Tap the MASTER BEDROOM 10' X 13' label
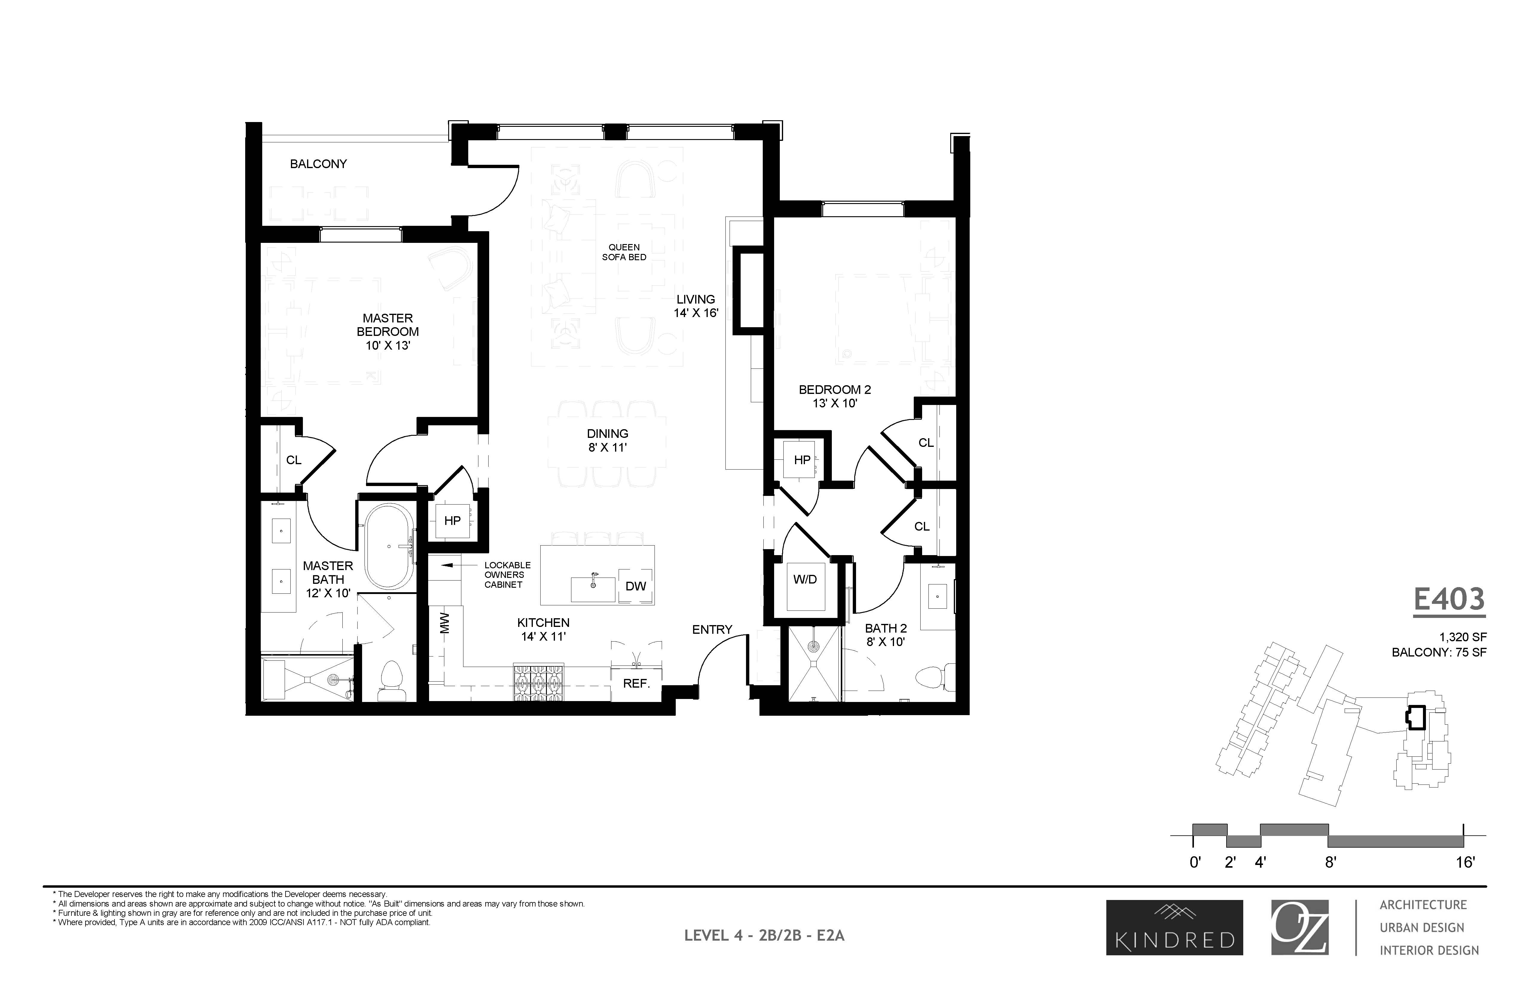click(x=388, y=331)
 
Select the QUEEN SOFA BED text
click(x=624, y=252)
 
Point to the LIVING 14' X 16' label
click(x=696, y=306)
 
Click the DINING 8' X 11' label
click(x=607, y=440)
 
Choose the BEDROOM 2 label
click(x=834, y=396)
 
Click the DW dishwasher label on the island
click(x=636, y=586)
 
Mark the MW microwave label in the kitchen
click(x=445, y=623)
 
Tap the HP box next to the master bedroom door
click(x=452, y=520)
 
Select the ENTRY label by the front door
click(x=712, y=629)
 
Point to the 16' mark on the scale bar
click(x=1465, y=862)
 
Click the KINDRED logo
click(x=1174, y=927)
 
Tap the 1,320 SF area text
click(x=1463, y=637)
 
